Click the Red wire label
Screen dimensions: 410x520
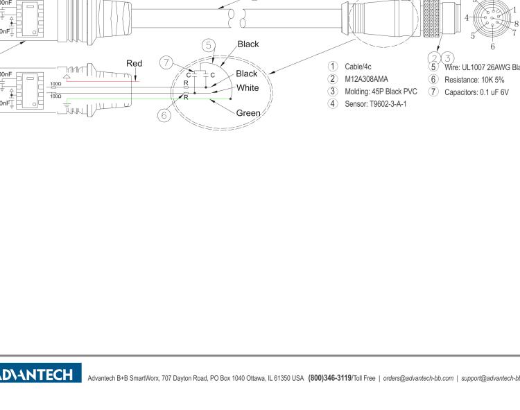(x=135, y=64)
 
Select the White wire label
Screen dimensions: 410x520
(x=248, y=87)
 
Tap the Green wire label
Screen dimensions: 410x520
(x=249, y=112)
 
